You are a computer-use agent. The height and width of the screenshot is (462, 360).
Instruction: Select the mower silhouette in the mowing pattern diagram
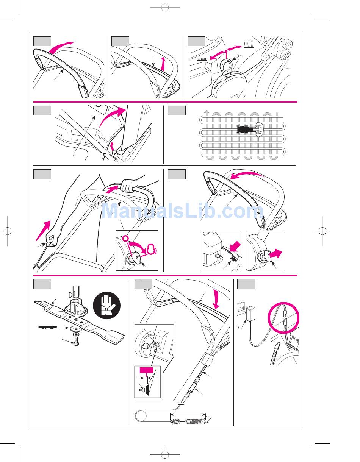[245, 129]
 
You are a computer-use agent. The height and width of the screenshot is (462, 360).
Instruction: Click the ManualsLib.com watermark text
[180, 211]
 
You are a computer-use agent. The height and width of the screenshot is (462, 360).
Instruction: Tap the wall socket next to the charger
[239, 309]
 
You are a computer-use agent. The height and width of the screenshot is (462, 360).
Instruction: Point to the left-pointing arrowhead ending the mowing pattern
[202, 154]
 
